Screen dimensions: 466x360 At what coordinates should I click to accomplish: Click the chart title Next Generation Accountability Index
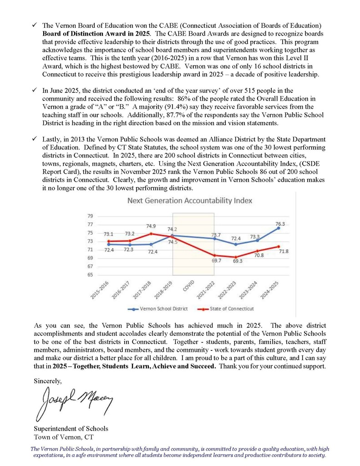pyautogui.click(x=189, y=200)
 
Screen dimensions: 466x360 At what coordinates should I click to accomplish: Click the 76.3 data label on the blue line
pyautogui.click(x=280, y=224)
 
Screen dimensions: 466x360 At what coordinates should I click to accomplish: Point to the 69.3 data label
pyautogui.click(x=237, y=262)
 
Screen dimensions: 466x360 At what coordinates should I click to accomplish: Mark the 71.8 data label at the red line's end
pyautogui.click(x=284, y=251)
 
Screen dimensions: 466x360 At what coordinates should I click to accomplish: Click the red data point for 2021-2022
pyautogui.click(x=214, y=255)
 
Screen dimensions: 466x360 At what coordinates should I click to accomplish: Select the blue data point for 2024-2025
pyautogui.click(x=279, y=228)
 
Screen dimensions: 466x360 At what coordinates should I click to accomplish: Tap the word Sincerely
pyautogui.click(x=47, y=380)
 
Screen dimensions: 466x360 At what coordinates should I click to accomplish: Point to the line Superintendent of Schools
pyautogui.click(x=71, y=429)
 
